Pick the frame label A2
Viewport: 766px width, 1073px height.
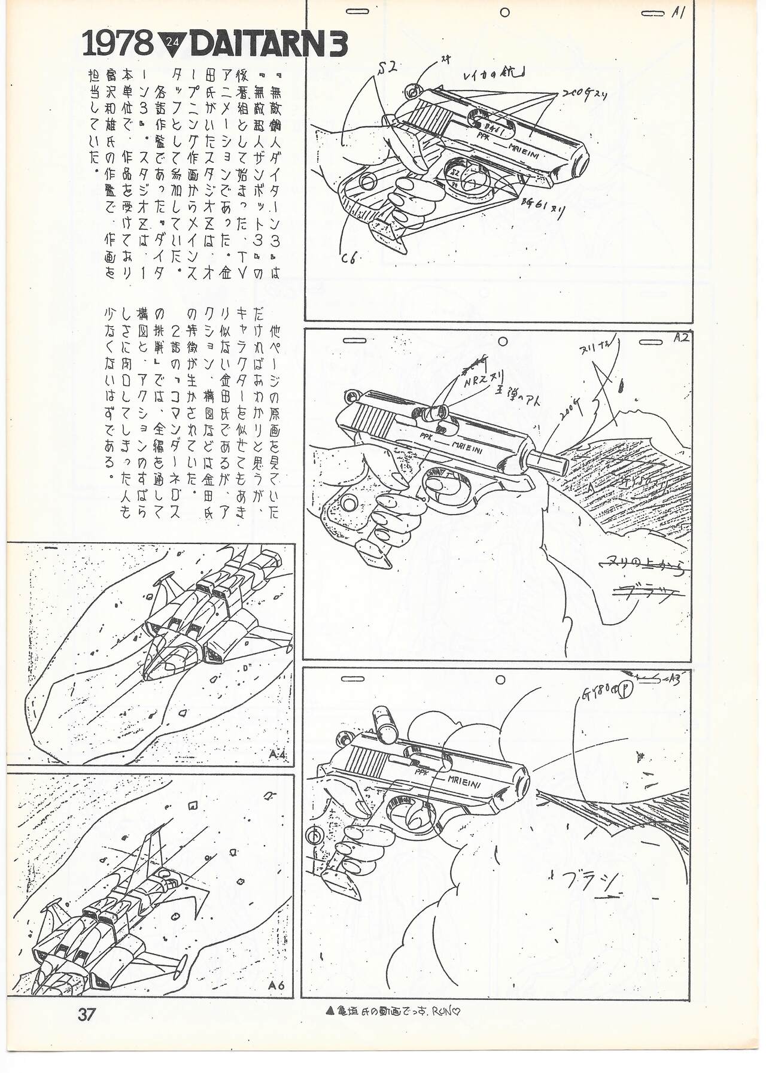click(x=680, y=338)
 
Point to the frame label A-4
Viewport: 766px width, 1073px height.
click(x=277, y=755)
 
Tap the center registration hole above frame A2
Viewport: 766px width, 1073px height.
click(x=503, y=342)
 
